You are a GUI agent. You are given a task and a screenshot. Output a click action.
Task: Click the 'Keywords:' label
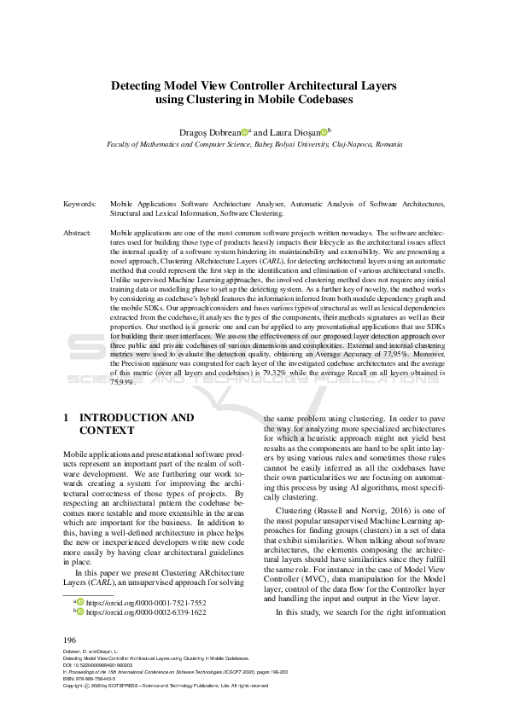(79, 205)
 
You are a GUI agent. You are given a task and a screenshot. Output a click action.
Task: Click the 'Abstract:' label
(78, 232)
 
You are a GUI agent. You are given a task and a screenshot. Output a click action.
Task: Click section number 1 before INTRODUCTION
(67, 418)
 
